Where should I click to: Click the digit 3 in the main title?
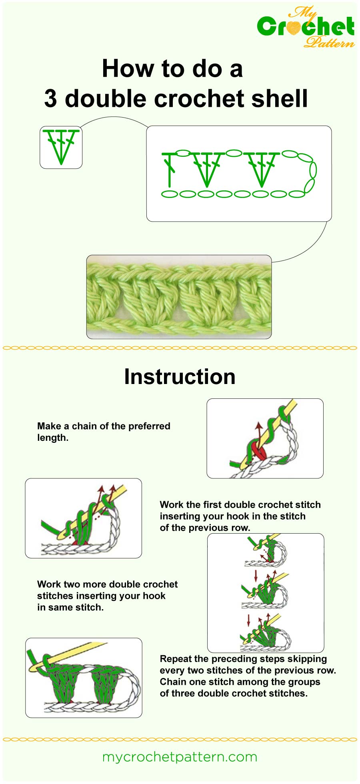(x=50, y=99)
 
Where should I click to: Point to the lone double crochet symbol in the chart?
(x=170, y=169)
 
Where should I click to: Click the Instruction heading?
(x=180, y=377)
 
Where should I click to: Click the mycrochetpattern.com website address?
(x=180, y=757)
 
